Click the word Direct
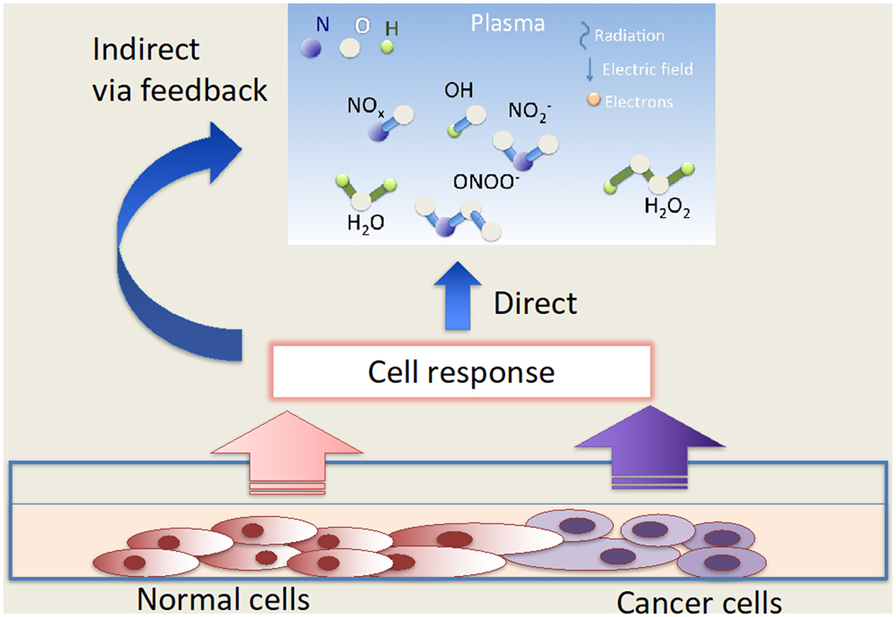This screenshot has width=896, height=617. [536, 303]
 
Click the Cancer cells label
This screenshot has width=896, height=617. [698, 603]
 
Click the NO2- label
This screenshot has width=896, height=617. [529, 110]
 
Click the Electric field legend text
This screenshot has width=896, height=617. [647, 68]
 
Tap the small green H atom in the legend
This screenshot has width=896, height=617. [388, 47]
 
